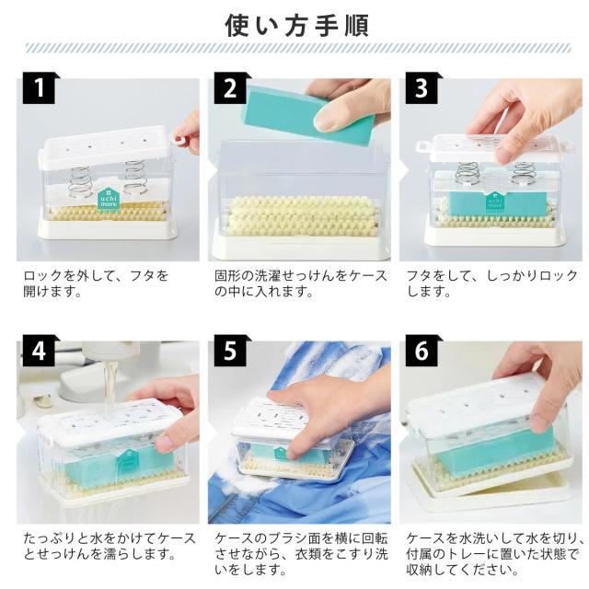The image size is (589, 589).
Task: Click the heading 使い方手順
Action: pyautogui.click(x=296, y=26)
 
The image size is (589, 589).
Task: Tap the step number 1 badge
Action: pyautogui.click(x=39, y=88)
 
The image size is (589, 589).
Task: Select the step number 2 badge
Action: pyautogui.click(x=230, y=88)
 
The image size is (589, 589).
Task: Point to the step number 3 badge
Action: pyautogui.click(x=422, y=88)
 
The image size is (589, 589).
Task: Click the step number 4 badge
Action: pyautogui.click(x=39, y=351)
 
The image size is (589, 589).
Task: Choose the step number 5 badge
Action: pyautogui.click(x=230, y=351)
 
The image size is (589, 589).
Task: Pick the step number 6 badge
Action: pyautogui.click(x=422, y=351)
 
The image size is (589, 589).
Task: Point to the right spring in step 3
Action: pyautogui.click(x=522, y=174)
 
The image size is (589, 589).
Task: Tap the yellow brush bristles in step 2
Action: pyautogui.click(x=303, y=216)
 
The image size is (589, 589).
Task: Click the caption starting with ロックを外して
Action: pyautogui.click(x=96, y=283)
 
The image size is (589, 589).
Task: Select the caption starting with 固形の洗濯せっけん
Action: pyautogui.click(x=301, y=283)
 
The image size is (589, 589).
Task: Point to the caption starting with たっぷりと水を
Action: pyautogui.click(x=110, y=546)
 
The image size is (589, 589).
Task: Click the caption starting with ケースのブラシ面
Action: pyautogui.click(x=301, y=554)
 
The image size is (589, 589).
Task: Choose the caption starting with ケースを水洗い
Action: pyautogui.click(x=495, y=554)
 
